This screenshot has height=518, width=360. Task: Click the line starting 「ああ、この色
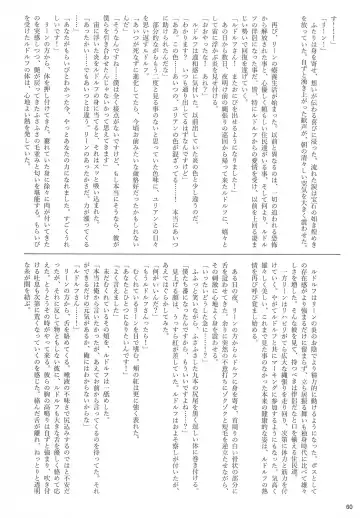(169, 120)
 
